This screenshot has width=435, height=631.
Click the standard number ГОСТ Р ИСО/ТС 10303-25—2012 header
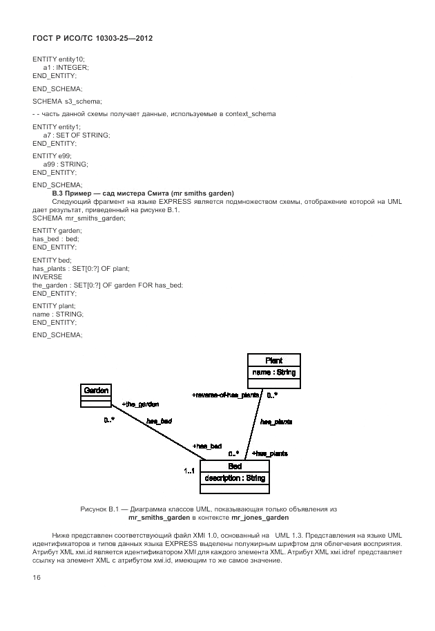point(92,39)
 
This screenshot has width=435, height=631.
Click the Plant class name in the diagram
point(274,360)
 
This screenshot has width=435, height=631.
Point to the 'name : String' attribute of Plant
point(274,373)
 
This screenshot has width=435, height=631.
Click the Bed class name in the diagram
point(234,467)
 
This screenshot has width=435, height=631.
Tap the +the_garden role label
point(140,404)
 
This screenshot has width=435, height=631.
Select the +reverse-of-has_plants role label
point(226,395)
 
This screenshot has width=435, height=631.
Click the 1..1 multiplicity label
point(189,471)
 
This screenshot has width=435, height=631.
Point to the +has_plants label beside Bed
point(269,453)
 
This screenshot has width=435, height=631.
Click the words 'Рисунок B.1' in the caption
point(101,509)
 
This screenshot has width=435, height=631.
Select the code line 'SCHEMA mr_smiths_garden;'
point(79,218)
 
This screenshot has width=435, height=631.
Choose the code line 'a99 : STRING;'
point(65,164)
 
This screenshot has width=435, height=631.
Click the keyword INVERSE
point(48,276)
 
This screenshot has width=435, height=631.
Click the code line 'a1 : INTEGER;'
point(66,67)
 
